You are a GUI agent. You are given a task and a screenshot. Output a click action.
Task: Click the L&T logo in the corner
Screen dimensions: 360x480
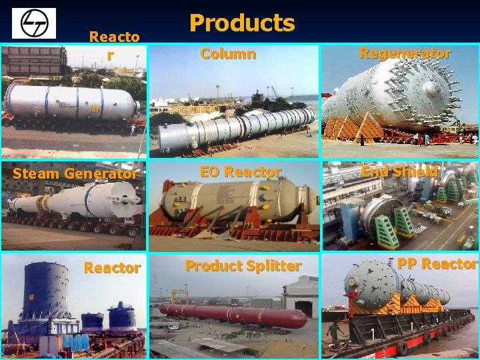coord(34,23)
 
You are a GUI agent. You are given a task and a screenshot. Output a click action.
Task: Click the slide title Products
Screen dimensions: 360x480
coord(241,23)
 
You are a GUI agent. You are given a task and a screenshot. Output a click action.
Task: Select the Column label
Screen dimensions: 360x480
coord(228,54)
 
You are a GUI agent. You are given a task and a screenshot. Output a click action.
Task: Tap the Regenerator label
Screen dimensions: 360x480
coord(405,53)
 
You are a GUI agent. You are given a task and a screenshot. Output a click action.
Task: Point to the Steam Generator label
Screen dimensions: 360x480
coord(75,173)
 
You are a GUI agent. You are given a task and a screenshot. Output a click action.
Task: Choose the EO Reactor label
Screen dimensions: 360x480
coord(241,172)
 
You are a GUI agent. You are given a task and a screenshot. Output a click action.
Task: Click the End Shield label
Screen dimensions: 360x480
coord(399,171)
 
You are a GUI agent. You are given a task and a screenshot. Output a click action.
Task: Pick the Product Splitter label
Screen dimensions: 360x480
coord(243,266)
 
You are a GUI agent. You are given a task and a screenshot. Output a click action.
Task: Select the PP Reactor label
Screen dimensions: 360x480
coord(437,263)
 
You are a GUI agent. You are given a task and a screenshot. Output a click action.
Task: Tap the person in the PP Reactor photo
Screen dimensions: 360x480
coord(333,331)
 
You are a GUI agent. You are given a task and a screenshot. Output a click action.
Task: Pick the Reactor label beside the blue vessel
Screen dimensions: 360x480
coord(112,268)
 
